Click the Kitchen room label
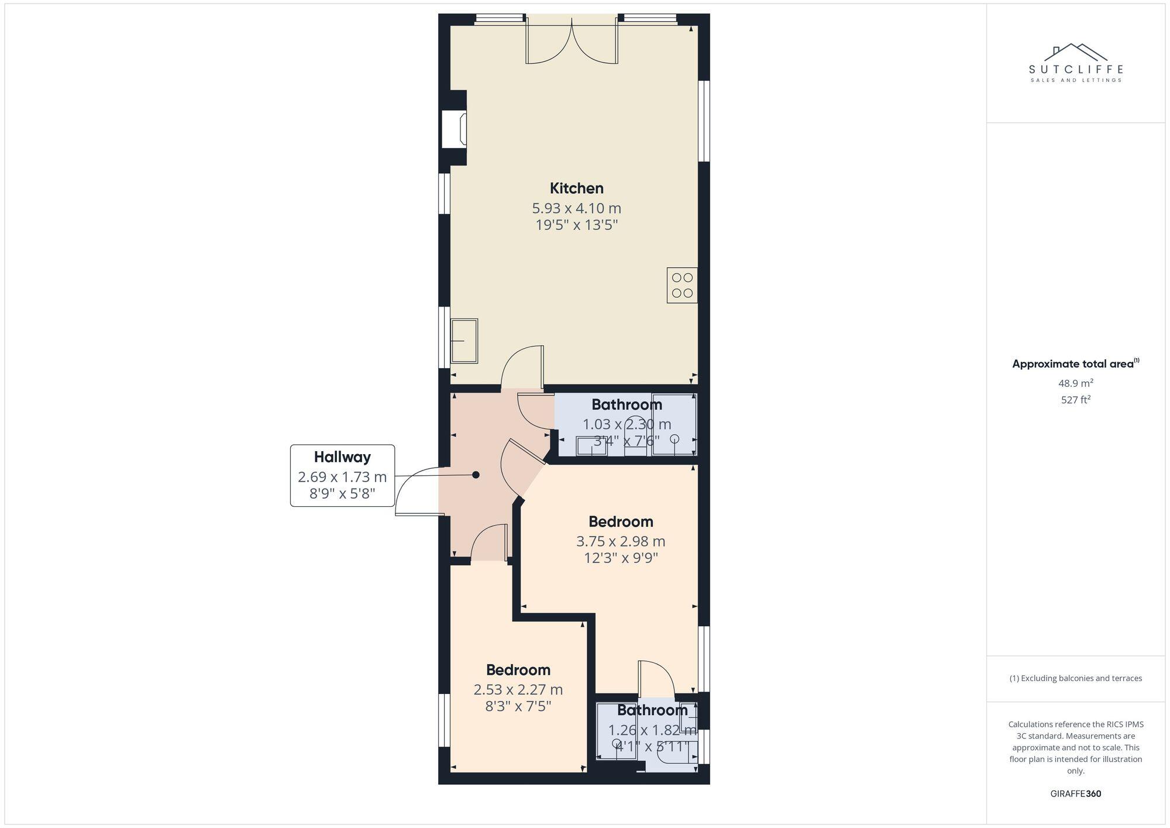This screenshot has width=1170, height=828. coord(576,188)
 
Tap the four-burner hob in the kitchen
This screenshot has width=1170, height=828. coord(682,286)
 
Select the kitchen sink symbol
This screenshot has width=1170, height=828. coord(464,341)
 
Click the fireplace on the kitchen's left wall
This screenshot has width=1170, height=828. coord(455,129)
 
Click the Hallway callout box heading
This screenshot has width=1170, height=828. coord(342,457)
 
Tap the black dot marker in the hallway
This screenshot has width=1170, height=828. coord(476,475)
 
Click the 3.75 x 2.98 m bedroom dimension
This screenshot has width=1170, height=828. coord(621,541)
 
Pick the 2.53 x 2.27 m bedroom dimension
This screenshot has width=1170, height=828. coord(518,690)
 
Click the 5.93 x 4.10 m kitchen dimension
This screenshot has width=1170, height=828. coord(576,208)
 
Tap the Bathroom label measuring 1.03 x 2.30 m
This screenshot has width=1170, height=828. coord(627,405)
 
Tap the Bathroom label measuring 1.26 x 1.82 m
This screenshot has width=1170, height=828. coord(652,710)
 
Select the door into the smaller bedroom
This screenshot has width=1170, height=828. coord(489,542)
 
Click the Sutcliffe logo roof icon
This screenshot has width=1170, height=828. coord(1075,53)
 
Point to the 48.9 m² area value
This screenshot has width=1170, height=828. coord(1075,384)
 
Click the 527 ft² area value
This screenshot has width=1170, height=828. coord(1075,400)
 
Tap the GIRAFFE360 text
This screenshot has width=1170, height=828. coord(1075,794)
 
